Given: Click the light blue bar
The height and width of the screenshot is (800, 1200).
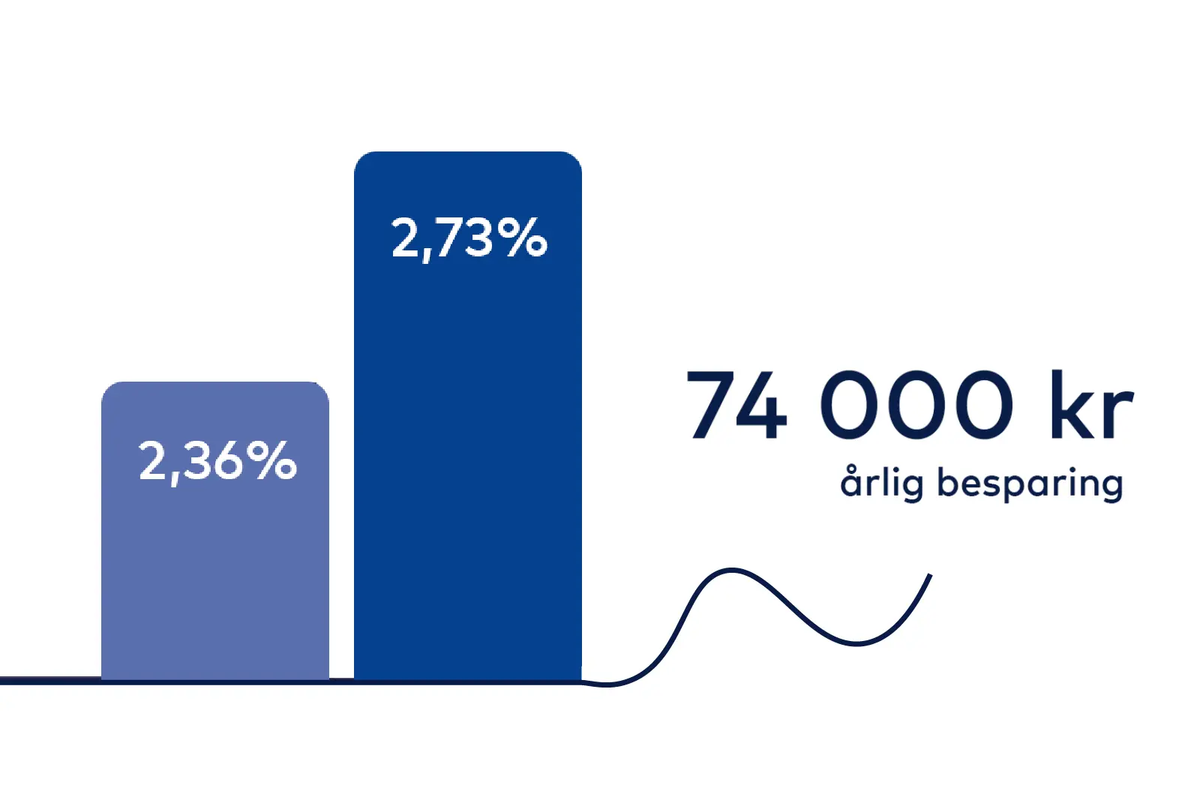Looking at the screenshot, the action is coord(214,531).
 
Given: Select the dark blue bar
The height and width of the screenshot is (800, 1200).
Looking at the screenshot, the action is coord(468,415).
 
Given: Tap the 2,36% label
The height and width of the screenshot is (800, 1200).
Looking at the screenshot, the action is coord(217,462).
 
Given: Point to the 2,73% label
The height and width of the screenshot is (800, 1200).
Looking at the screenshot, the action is coord(469,238).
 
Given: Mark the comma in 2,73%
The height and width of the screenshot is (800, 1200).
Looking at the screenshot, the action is coord(427,256).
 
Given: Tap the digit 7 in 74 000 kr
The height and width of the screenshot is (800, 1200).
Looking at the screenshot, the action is coord(710,404).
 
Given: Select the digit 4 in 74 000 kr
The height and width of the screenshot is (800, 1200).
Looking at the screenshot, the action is coord(761,404).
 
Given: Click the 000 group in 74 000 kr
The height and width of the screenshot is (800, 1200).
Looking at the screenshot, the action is coord(916,404).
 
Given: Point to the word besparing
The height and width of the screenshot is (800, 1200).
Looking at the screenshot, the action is coord(1030,484).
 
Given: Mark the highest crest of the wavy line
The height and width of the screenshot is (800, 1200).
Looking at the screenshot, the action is coord(731,570).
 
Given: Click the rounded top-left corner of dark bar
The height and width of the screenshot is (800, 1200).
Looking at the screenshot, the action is coord(361,158).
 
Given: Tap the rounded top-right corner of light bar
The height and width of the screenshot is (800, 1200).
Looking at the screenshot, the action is coord(322,388).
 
